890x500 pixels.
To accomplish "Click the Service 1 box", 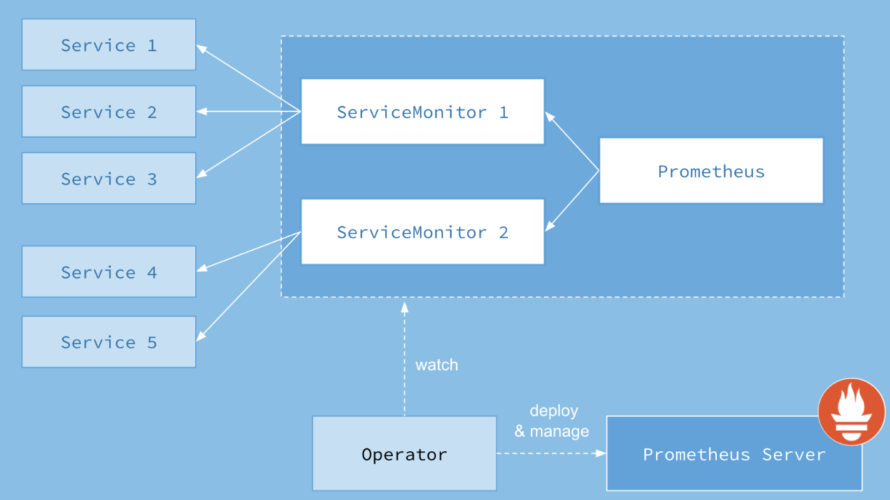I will (x=109, y=44).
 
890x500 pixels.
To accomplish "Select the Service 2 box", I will (x=109, y=111).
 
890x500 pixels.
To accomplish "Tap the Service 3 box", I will (x=109, y=178).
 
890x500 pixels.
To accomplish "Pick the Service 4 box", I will (x=109, y=272).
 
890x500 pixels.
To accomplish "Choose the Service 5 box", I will (x=109, y=342).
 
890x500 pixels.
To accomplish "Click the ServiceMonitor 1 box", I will (x=422, y=111).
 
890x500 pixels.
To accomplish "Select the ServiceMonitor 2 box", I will (x=422, y=232).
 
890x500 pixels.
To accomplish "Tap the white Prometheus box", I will (x=711, y=171).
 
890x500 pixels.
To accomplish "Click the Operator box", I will (x=404, y=454).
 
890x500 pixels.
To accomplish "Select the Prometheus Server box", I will (x=734, y=454).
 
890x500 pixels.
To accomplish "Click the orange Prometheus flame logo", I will (x=851, y=411).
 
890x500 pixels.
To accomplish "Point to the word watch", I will (x=437, y=365).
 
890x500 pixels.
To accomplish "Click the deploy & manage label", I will (x=552, y=421).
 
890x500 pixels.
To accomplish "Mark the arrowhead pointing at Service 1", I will (x=201, y=48).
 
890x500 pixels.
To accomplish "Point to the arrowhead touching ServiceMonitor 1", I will (x=549, y=116).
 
